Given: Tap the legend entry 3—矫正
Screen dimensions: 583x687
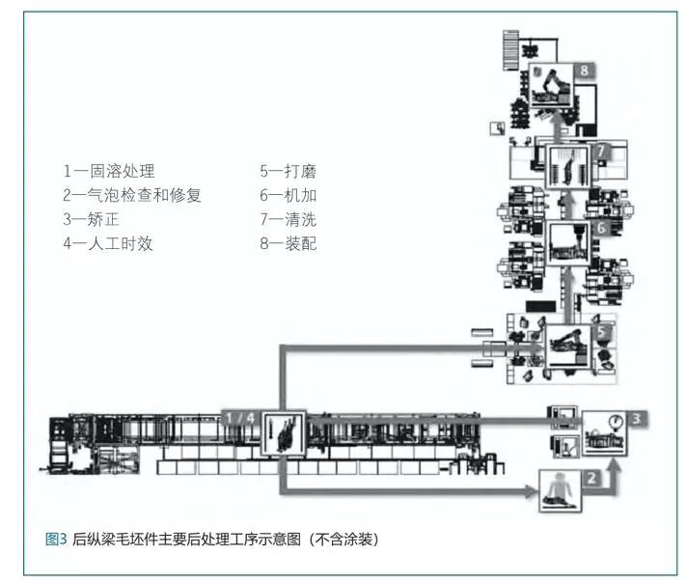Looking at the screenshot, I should [90, 220].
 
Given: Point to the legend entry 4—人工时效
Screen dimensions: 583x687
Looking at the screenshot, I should [108, 244].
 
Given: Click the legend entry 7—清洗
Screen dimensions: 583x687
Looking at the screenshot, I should [288, 220].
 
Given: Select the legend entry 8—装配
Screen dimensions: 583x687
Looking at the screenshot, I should [288, 244].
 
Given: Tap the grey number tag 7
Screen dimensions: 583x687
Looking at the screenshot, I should [601, 152].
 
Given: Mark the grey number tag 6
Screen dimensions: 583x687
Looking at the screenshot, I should [601, 229].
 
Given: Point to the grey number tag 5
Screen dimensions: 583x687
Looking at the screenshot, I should [601, 331].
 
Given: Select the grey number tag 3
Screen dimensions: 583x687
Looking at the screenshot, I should [637, 419].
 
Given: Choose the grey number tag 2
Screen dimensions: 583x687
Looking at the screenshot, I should [593, 476].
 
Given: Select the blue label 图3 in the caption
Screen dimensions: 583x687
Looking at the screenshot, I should [56, 539].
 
